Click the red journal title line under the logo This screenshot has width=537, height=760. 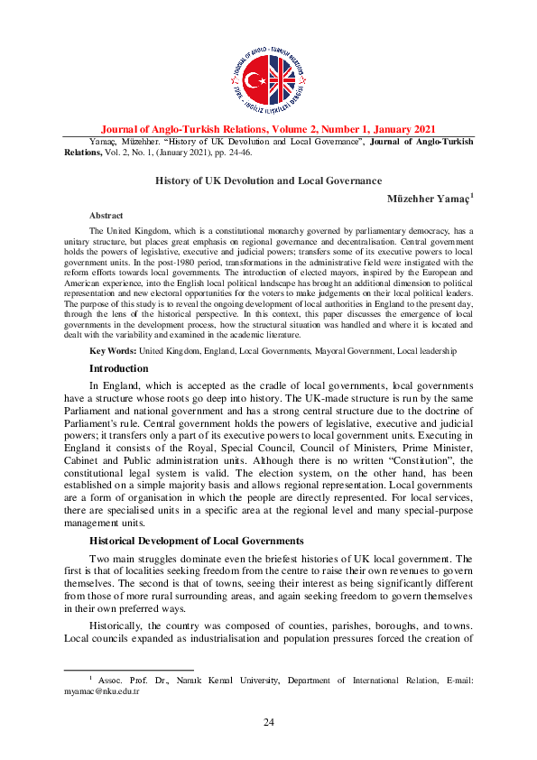coord(268,129)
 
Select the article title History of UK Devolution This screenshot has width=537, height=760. coord(268,181)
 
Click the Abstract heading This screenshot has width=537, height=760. coord(106,216)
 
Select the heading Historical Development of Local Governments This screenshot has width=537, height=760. coord(196,540)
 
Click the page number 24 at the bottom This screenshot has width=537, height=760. coord(268,721)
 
